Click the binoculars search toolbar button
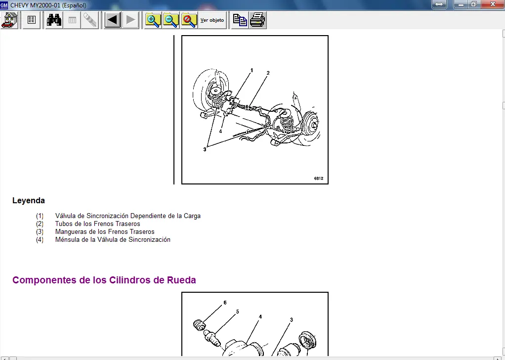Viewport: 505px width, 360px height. pos(54,20)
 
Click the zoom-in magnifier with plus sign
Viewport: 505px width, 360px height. pos(153,20)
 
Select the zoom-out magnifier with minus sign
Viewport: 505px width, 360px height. pos(170,20)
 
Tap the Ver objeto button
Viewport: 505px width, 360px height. pos(212,20)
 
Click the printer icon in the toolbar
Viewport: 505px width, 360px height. pos(257,20)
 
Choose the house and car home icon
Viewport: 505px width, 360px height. pos(10,20)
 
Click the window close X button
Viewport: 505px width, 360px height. pos(493,4)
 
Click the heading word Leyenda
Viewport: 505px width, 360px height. pos(29,200)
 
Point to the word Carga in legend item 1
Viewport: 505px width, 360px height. pos(192,216)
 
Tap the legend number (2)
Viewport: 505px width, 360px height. pos(40,224)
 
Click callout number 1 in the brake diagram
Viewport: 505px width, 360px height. pos(252,70)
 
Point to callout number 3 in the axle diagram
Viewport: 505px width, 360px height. pos(205,149)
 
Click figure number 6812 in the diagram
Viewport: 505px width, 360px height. pos(319,178)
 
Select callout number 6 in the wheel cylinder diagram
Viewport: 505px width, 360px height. pos(225,303)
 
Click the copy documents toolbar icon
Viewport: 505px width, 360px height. pos(240,20)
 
